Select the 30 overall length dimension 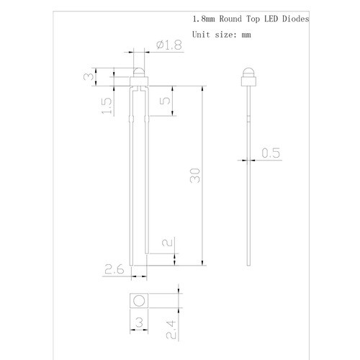click(194, 176)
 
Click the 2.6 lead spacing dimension click(115, 270)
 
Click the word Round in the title click(227, 20)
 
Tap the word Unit click(199, 35)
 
